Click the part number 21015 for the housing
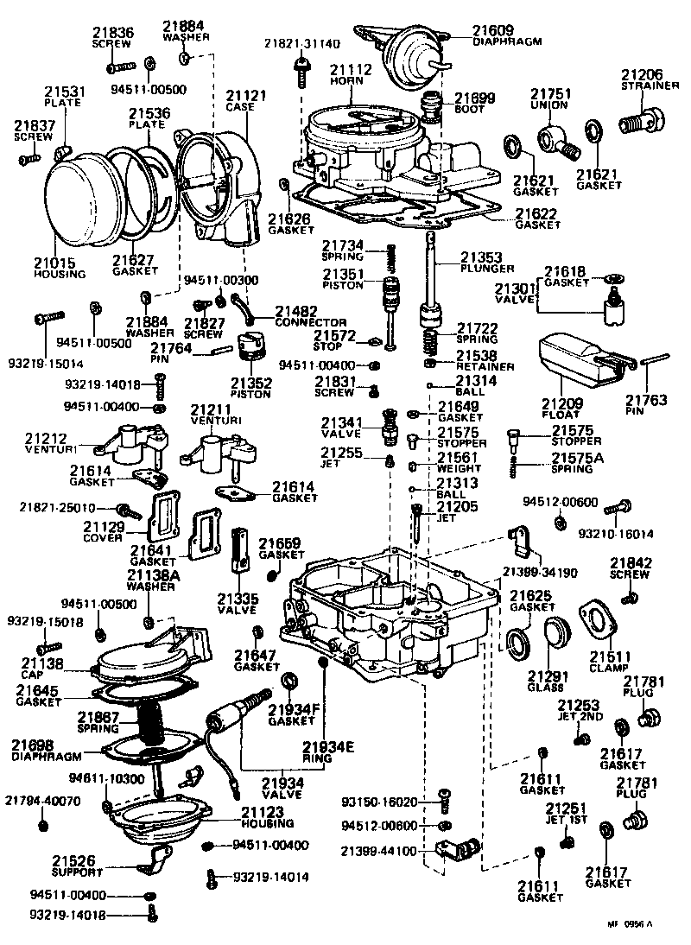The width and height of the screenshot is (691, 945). [x=54, y=263]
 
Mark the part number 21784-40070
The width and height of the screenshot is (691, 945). [x=43, y=801]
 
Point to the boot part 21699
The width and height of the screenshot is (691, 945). [x=428, y=111]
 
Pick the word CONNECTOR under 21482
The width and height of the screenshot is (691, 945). [x=312, y=322]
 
